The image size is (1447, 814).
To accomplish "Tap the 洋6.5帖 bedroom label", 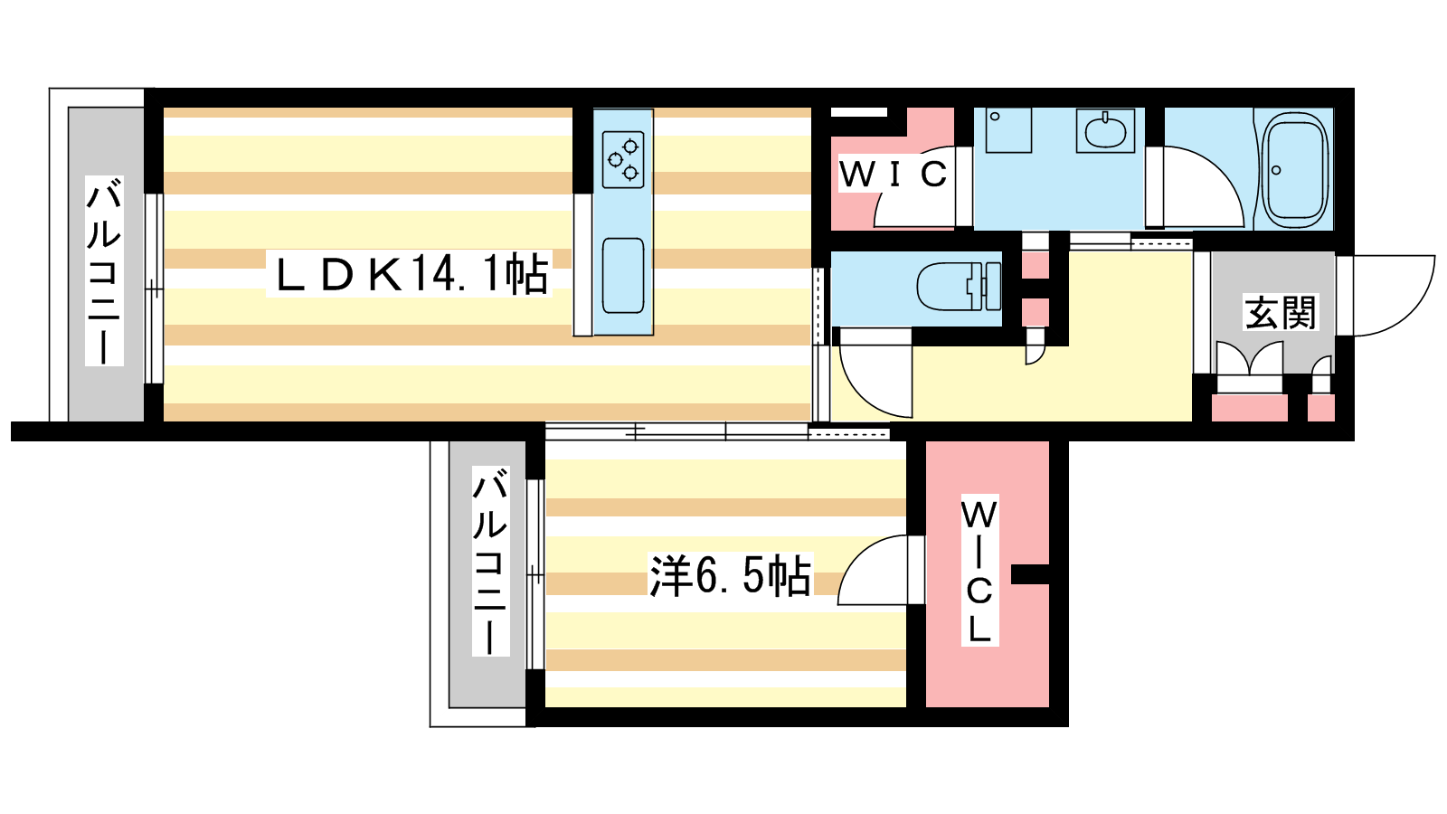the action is point(730,575).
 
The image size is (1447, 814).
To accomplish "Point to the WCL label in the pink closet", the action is point(979,571).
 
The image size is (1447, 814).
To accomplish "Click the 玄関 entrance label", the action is point(1280,313).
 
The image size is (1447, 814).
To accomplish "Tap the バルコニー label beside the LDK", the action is point(104,270).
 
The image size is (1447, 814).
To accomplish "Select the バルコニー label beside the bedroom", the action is point(490,561).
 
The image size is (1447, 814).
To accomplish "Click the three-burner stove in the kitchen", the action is point(623,159).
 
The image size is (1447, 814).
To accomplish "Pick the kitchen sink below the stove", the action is point(623,276).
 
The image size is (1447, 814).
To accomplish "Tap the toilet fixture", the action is point(960,286).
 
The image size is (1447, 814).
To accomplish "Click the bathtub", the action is point(1294,170).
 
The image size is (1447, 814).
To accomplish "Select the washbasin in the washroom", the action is point(1105,131).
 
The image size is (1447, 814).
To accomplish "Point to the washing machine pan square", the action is point(1008,130).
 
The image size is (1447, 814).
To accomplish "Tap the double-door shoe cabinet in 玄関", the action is point(1249,359).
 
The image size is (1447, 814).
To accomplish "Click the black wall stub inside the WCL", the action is point(1030,574).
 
